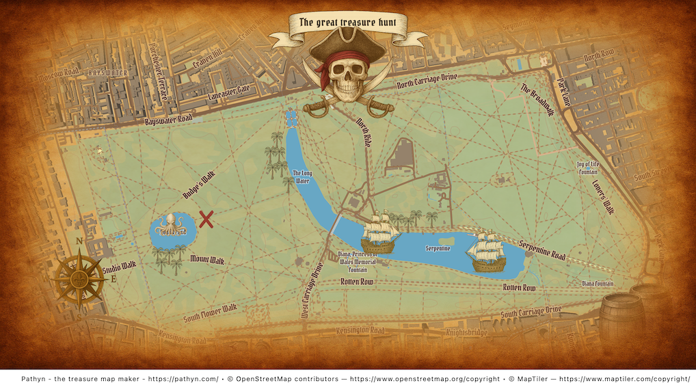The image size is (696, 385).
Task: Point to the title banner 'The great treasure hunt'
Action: (347, 23)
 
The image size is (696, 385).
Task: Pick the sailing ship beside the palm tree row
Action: (380, 233)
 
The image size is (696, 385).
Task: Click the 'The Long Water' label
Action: (302, 177)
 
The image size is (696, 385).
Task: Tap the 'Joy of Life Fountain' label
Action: (591, 168)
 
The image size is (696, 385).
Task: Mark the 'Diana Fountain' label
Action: (598, 283)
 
